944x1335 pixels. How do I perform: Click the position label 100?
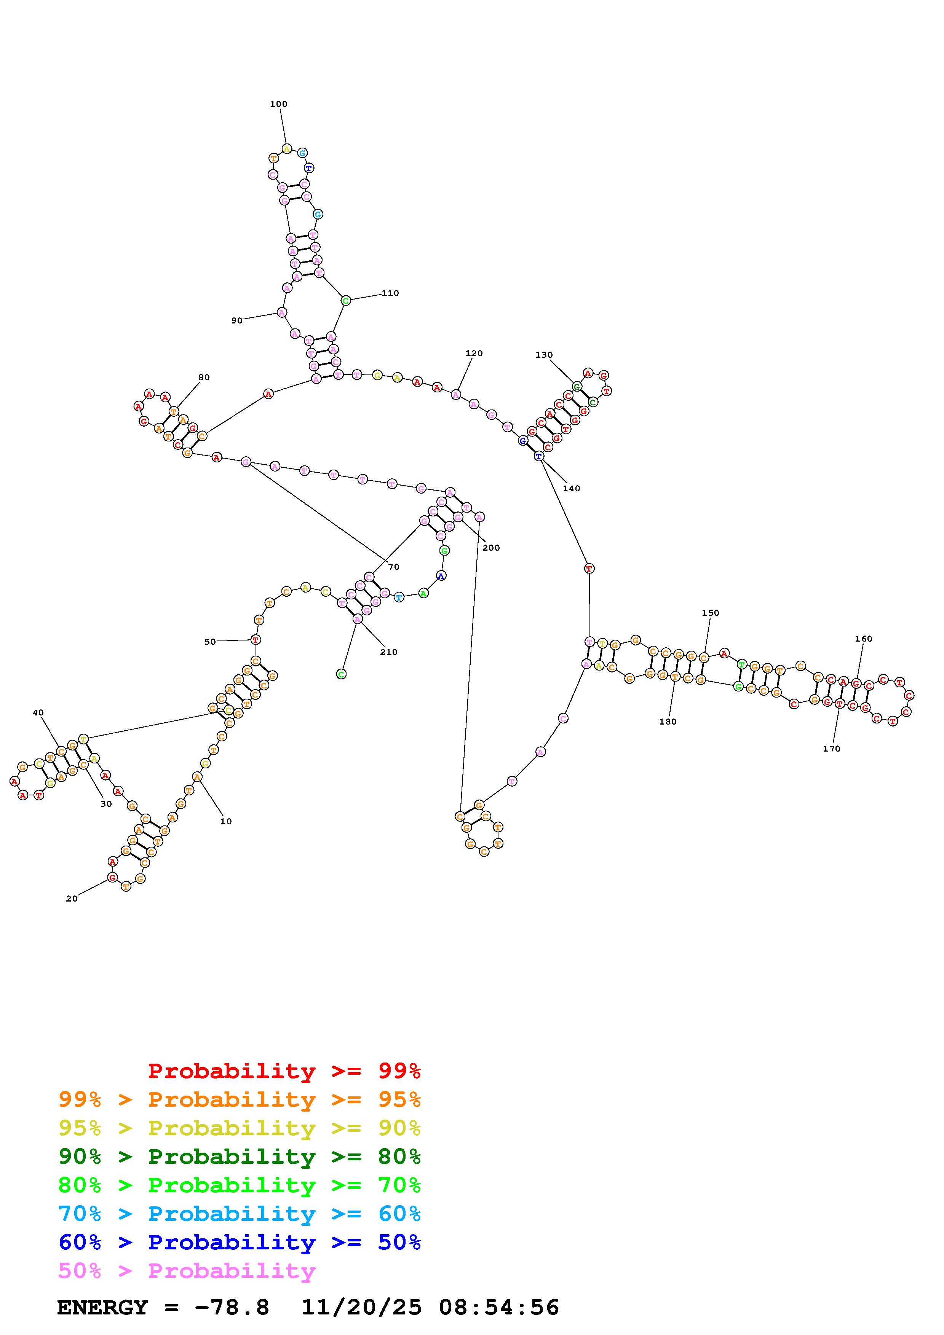coord(279,104)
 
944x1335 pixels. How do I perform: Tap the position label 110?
coord(390,293)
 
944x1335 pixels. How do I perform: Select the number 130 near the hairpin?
coord(544,355)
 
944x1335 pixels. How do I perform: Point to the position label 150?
coord(710,613)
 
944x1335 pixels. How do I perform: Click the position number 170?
coord(831,749)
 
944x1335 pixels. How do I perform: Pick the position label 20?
coord(72,898)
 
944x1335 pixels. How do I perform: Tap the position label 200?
coord(491,548)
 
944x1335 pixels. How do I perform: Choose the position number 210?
coord(388,652)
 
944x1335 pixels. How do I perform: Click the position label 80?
coord(204,378)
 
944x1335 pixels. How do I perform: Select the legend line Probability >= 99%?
coord(284,1071)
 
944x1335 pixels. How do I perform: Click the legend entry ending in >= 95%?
coord(240,1099)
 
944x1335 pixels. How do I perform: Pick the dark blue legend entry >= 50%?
coord(240,1242)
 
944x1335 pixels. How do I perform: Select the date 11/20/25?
coord(361,1308)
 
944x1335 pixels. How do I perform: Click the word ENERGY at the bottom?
coord(102,1308)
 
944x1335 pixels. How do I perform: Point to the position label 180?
coord(668,722)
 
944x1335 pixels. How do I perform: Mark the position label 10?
coord(226,822)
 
